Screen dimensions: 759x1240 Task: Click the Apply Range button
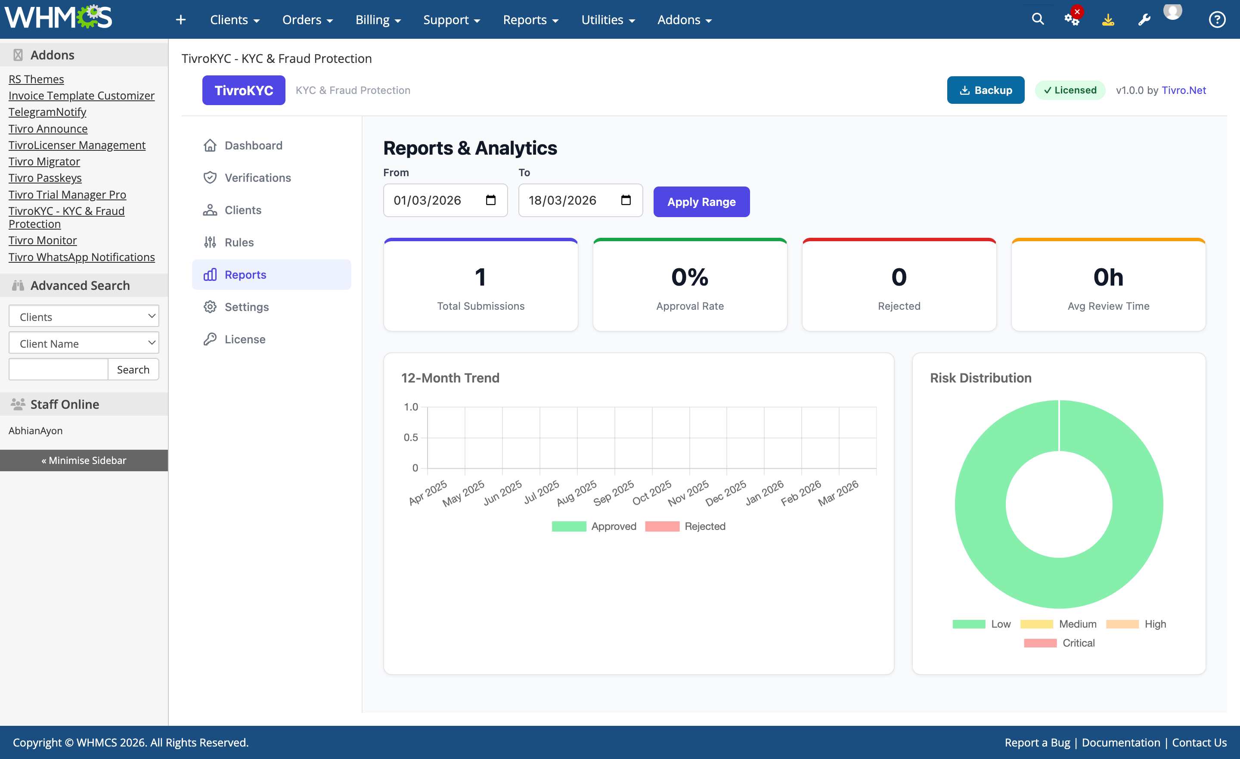point(701,202)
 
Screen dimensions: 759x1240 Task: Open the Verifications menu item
point(257,177)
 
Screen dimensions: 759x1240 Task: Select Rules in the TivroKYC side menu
point(239,242)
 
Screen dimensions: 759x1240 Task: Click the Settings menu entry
point(246,307)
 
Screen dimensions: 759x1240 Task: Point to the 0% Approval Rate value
point(689,277)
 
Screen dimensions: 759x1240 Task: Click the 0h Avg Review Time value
point(1108,277)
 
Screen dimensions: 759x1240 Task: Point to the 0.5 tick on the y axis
point(410,437)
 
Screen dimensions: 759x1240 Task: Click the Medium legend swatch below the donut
point(1036,624)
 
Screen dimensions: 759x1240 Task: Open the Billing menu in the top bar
point(378,20)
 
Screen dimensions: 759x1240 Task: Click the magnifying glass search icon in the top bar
point(1037,19)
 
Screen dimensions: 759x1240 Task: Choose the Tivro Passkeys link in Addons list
point(45,178)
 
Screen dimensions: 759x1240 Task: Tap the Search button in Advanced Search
point(133,369)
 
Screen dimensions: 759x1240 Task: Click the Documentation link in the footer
point(1120,742)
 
